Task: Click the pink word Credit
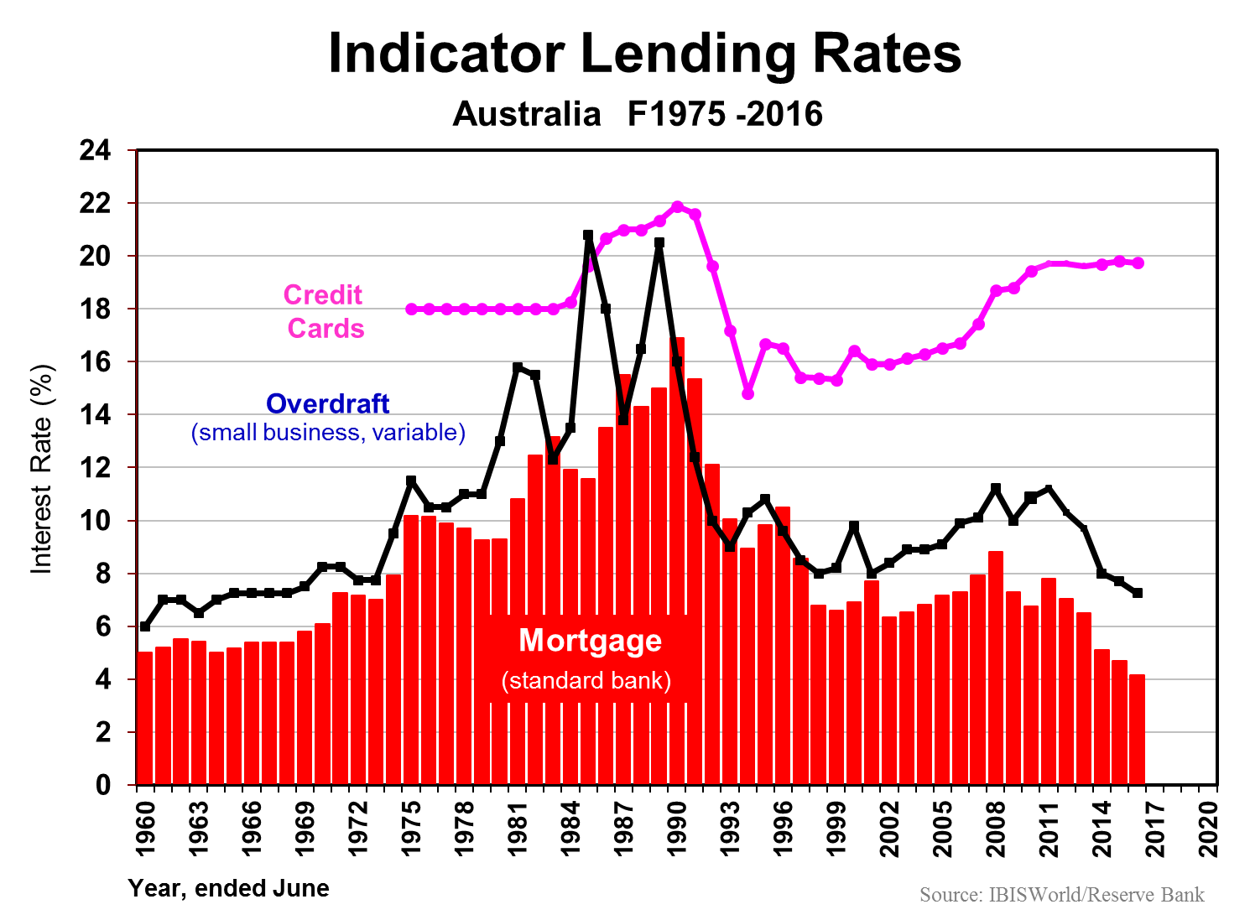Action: pos(323,295)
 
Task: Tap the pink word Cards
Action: pos(326,329)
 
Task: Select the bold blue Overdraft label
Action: pos(327,404)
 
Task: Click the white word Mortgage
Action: pos(590,641)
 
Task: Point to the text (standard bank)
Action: pos(586,680)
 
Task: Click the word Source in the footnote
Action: pos(951,895)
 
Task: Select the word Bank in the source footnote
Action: pos(1183,895)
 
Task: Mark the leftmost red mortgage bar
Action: pos(144,717)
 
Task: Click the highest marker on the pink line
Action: pos(678,206)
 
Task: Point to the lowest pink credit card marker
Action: pos(748,393)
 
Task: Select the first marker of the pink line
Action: pos(411,309)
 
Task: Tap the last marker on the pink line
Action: pos(1138,263)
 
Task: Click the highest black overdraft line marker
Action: pos(588,236)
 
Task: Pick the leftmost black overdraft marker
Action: pos(144,626)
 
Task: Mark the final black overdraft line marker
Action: pos(1138,593)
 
